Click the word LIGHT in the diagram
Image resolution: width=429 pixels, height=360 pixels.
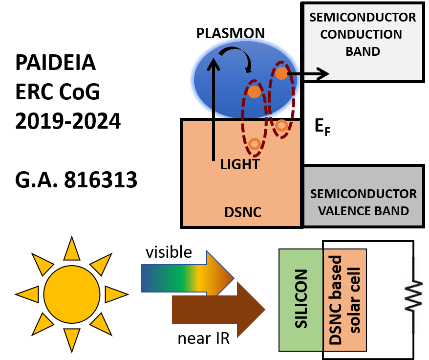pyautogui.click(x=239, y=164)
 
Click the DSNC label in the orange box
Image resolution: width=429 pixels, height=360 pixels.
pyautogui.click(x=243, y=212)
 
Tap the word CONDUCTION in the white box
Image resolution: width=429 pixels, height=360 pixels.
pyautogui.click(x=363, y=34)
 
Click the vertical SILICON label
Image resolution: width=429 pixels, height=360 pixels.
pyautogui.click(x=301, y=298)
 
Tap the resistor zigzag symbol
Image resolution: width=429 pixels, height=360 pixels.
pyautogui.click(x=413, y=295)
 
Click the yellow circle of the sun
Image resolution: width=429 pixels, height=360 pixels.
pyautogui.click(x=72, y=294)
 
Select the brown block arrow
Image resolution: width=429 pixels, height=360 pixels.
pyautogui.click(x=215, y=310)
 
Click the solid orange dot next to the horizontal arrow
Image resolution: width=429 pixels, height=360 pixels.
pyautogui.click(x=281, y=73)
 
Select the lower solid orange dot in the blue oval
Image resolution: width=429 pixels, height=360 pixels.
pyautogui.click(x=254, y=92)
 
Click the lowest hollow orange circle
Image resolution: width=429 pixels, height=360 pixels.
pyautogui.click(x=254, y=144)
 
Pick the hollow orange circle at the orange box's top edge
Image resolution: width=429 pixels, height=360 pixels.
pyautogui.click(x=281, y=125)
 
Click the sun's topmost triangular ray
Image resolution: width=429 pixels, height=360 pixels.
pyautogui.click(x=72, y=249)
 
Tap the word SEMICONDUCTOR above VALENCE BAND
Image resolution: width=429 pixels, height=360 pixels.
pyautogui.click(x=363, y=194)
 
